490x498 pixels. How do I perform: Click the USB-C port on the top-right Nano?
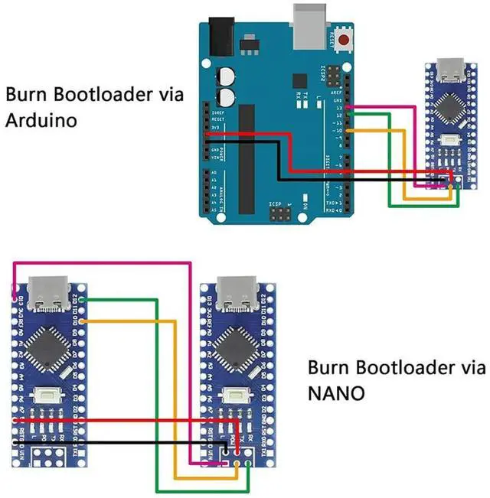point(449,73)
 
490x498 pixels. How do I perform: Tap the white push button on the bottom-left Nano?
point(47,397)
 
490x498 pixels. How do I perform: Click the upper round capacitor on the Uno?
point(227,76)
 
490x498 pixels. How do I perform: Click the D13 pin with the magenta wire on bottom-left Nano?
point(15,298)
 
